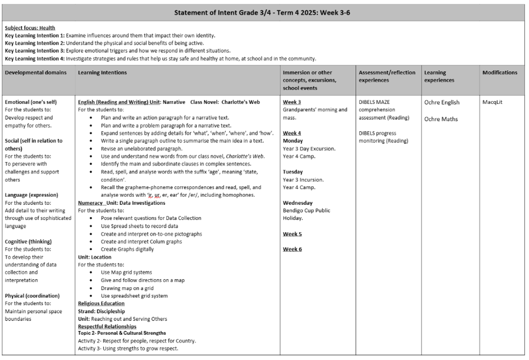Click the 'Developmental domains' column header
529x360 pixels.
click(x=36, y=72)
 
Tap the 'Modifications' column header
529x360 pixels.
click(x=500, y=72)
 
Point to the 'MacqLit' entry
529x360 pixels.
click(x=493, y=102)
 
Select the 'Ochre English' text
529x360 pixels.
click(x=442, y=103)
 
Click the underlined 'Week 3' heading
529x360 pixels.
click(x=292, y=102)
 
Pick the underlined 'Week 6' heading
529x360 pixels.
click(x=292, y=249)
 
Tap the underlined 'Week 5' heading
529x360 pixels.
click(x=292, y=234)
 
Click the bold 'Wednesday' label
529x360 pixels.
click(x=298, y=202)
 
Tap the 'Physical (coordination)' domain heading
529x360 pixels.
click(x=32, y=296)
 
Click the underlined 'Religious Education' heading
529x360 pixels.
click(x=101, y=304)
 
